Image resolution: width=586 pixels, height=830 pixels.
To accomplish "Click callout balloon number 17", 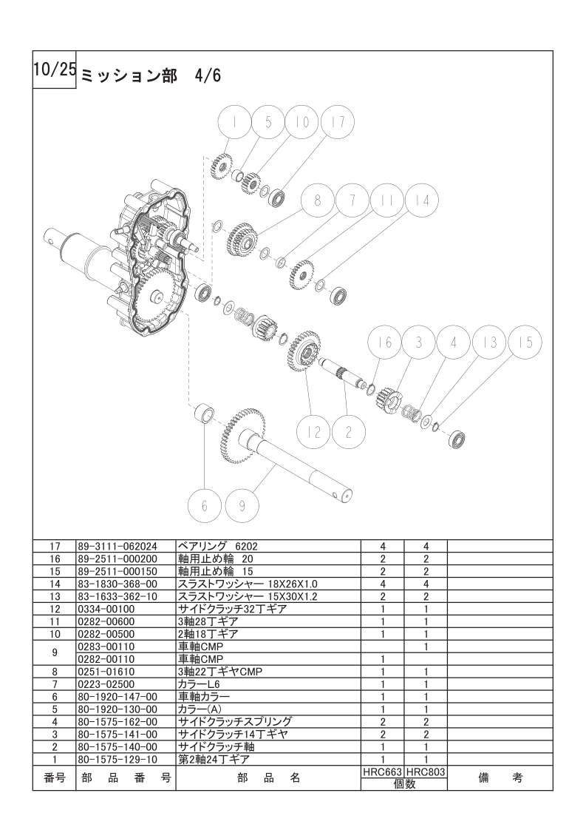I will point(337,124).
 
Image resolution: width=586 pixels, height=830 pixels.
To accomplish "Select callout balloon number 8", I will point(318,200).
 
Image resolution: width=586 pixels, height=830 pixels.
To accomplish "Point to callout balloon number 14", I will point(421,200).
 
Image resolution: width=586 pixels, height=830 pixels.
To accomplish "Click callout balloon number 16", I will point(385,343).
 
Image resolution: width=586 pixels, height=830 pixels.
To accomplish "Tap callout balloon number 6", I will point(204,506).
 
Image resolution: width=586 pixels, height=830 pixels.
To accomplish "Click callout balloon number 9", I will point(241,506).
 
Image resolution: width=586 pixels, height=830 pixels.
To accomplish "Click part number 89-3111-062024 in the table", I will point(117,546).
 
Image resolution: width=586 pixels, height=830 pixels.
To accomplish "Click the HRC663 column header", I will point(382,772).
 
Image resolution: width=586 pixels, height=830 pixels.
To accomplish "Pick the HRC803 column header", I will point(426,772).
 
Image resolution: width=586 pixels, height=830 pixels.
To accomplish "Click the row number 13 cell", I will point(54,596).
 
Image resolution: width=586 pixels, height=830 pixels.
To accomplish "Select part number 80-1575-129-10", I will point(117,760).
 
